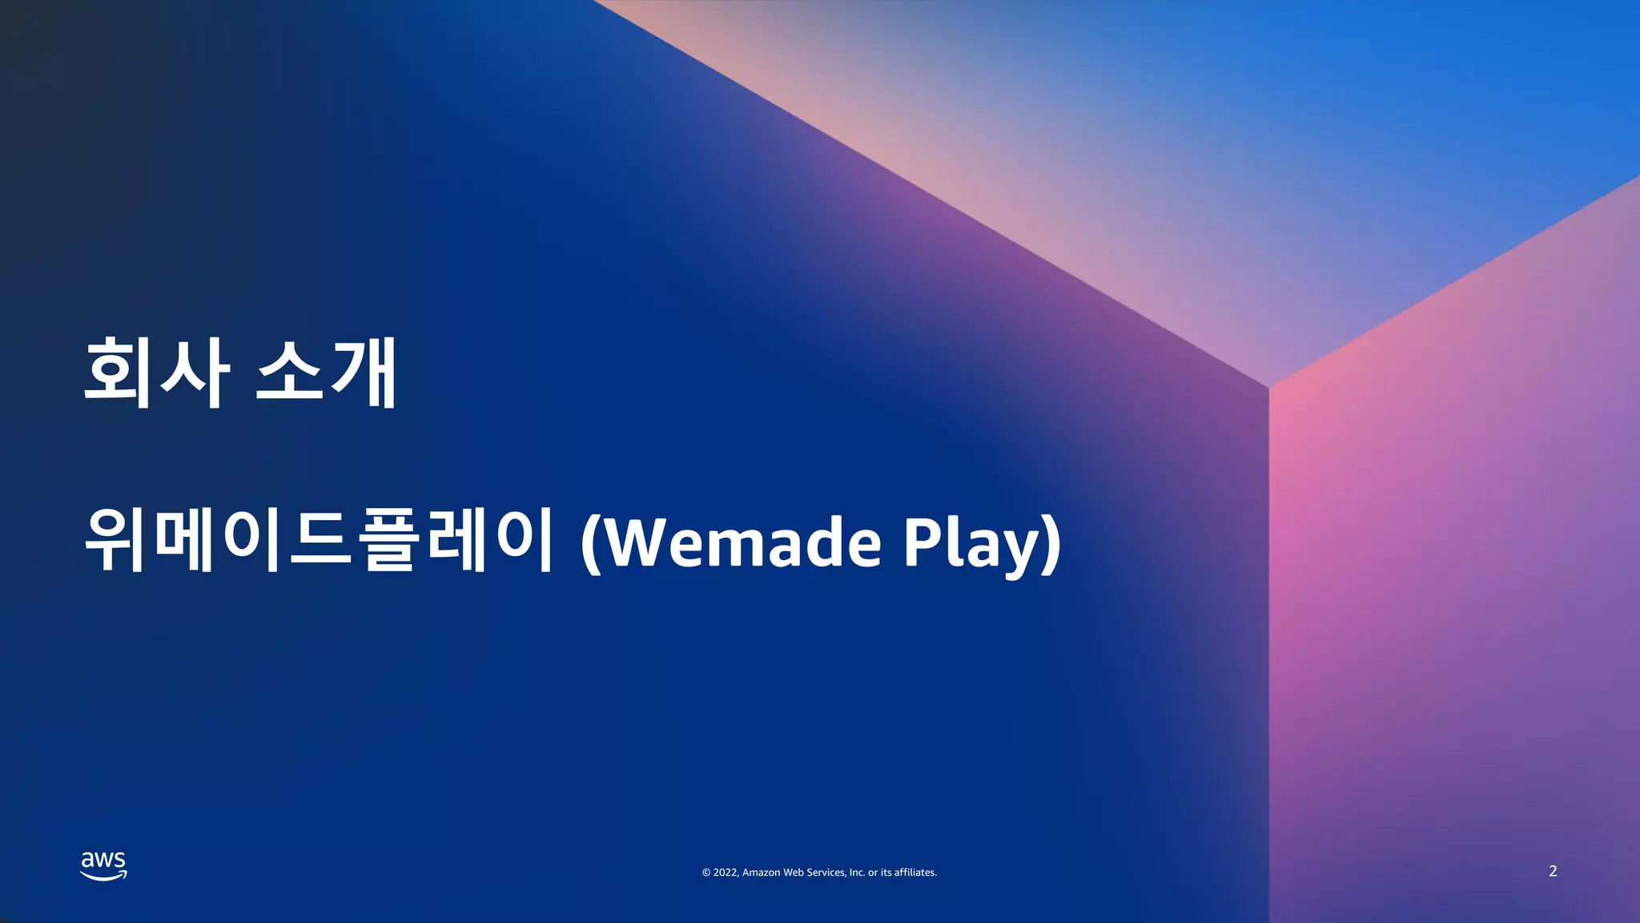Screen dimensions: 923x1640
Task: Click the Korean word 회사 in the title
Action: click(157, 373)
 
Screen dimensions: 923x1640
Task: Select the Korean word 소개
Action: click(327, 373)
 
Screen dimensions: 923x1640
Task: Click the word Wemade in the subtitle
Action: click(741, 543)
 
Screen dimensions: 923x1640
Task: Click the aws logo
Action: click(103, 865)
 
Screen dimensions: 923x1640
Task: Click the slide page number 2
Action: click(1553, 871)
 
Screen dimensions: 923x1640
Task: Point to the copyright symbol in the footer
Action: click(706, 873)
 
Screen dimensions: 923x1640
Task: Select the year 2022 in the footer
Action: click(726, 873)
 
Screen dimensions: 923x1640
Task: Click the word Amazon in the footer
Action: click(761, 873)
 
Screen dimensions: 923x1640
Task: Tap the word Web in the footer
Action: click(793, 873)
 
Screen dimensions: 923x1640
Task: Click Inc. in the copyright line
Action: click(857, 873)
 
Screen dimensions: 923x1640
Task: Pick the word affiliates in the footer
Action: click(915, 873)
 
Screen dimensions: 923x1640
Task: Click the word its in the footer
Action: click(886, 873)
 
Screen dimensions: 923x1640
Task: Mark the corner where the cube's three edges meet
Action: click(1269, 388)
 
